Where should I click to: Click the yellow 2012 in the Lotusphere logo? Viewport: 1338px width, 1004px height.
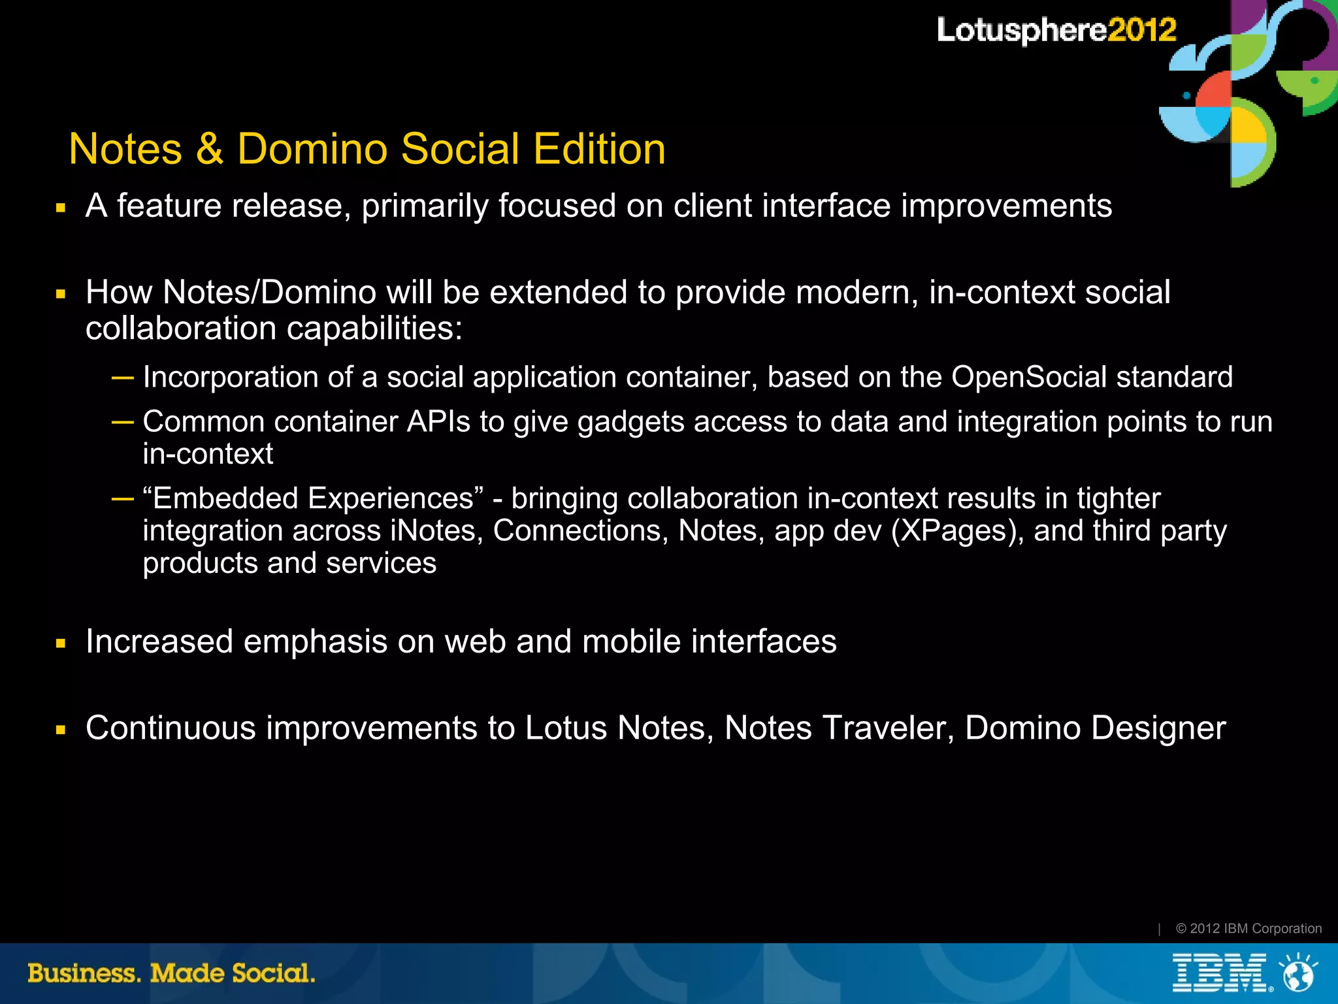1141,30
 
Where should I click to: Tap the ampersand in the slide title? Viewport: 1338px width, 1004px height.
209,149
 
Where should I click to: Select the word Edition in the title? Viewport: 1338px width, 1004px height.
599,149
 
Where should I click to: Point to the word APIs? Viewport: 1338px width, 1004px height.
438,421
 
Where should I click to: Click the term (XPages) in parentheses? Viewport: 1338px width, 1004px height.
957,531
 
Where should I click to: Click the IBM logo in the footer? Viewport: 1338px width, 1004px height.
1220,973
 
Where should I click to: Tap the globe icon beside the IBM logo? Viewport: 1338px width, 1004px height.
1299,973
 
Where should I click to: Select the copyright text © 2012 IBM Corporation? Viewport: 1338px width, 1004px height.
1248,928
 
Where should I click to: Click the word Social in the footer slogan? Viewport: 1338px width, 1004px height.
274,973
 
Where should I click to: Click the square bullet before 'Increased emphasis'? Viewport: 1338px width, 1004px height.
61,643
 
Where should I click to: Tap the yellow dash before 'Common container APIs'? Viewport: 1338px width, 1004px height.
123,421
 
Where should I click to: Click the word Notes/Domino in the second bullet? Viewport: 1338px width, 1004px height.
269,292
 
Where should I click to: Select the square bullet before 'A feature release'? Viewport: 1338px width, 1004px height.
61,208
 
